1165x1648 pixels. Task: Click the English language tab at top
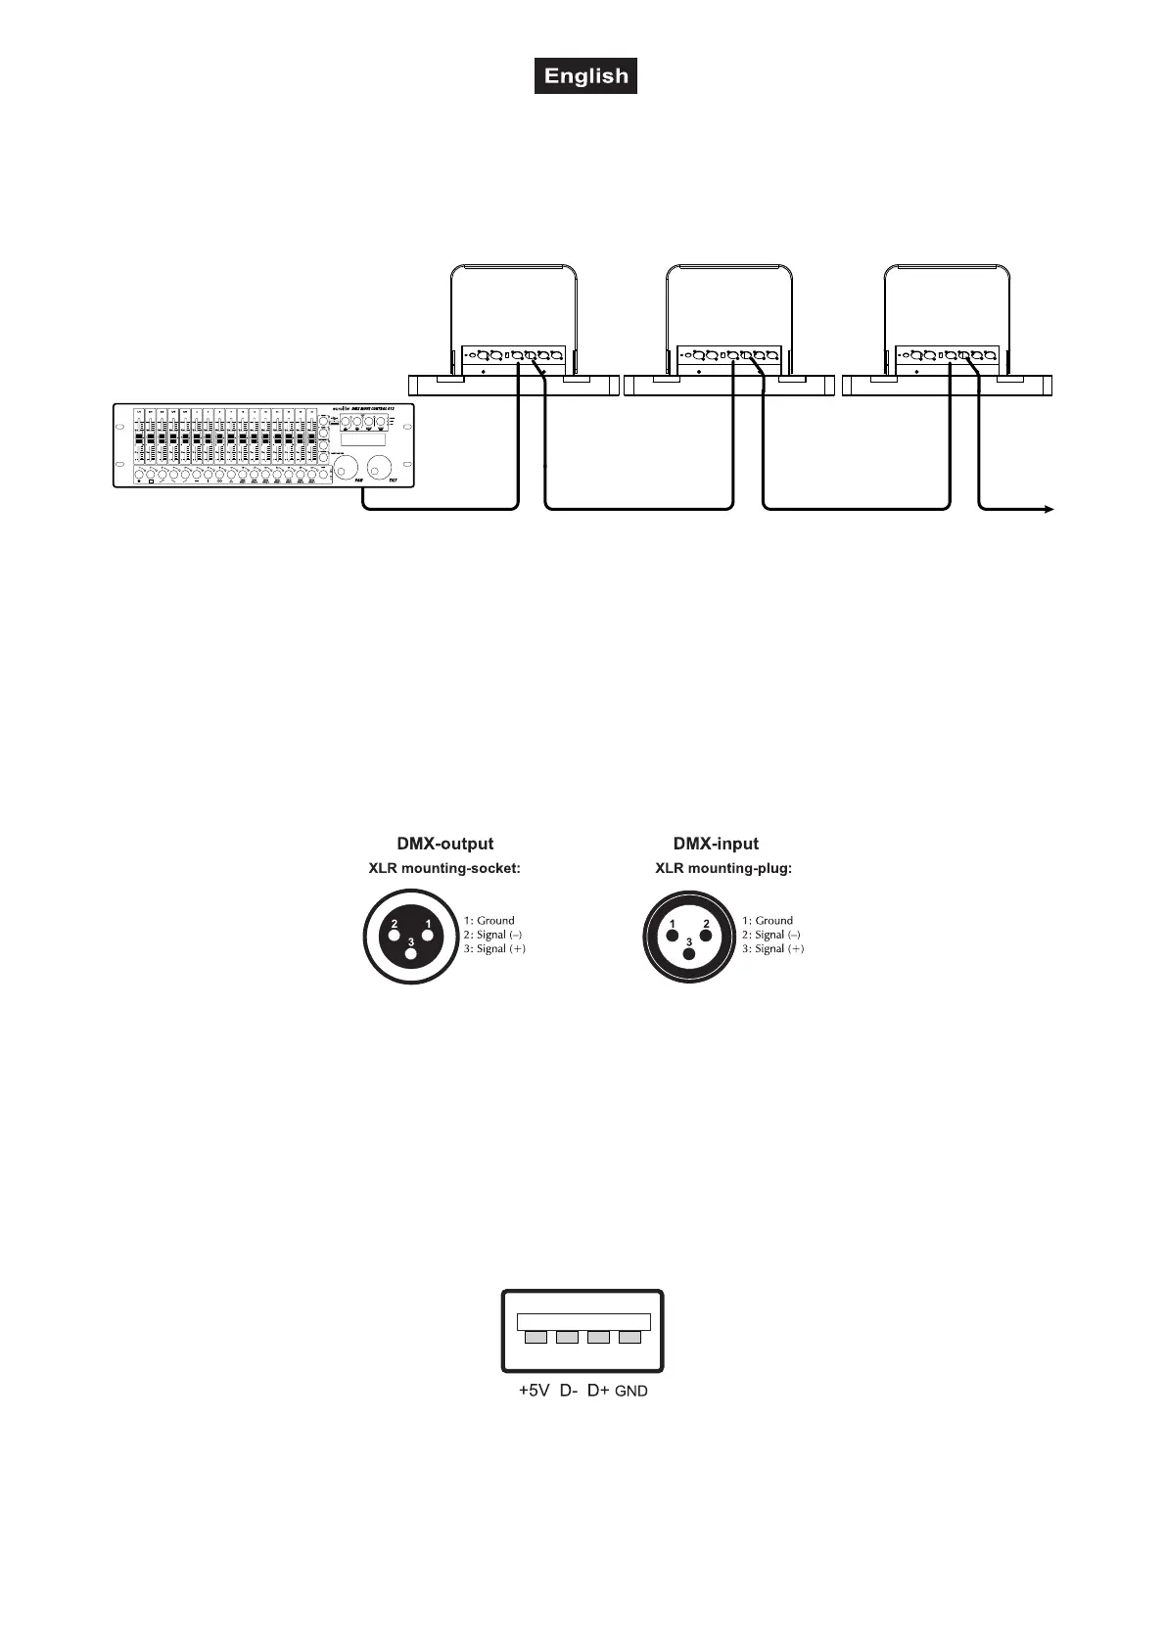[x=585, y=76]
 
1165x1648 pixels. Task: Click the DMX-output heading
[x=444, y=844]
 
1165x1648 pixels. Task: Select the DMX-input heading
[x=715, y=844]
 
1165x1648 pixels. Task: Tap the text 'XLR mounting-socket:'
[x=444, y=868]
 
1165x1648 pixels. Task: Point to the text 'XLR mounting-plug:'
[x=723, y=868]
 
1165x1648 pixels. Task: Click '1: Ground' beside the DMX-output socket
[x=489, y=920]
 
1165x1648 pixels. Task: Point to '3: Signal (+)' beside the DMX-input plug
[x=772, y=949]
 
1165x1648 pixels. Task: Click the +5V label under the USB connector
[x=534, y=1391]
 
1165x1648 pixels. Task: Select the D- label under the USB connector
[x=568, y=1391]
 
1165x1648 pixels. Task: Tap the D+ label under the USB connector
[x=598, y=1391]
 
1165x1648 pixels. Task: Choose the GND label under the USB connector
[x=631, y=1391]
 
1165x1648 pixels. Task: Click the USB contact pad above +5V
[x=536, y=1337]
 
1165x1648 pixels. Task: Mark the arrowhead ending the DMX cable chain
[x=1048, y=509]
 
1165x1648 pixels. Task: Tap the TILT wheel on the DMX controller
[x=379, y=465]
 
